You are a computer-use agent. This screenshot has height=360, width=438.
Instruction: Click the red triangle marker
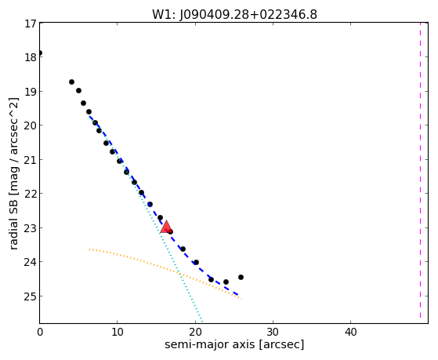166,227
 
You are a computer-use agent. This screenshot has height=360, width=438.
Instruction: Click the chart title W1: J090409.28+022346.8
234,15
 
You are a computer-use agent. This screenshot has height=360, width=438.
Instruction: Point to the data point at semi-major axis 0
40,53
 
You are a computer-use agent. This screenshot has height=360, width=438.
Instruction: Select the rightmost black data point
241,277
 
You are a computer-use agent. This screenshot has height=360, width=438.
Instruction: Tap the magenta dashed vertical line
420,170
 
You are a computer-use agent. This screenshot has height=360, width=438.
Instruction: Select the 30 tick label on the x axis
273,332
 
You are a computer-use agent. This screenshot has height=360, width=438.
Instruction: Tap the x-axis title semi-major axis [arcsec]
234,344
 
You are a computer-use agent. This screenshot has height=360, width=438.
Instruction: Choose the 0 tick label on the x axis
40,332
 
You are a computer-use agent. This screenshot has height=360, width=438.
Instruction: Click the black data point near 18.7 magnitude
71,82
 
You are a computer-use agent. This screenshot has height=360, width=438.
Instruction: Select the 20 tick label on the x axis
195,332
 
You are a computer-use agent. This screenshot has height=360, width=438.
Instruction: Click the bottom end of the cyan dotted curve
201,322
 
